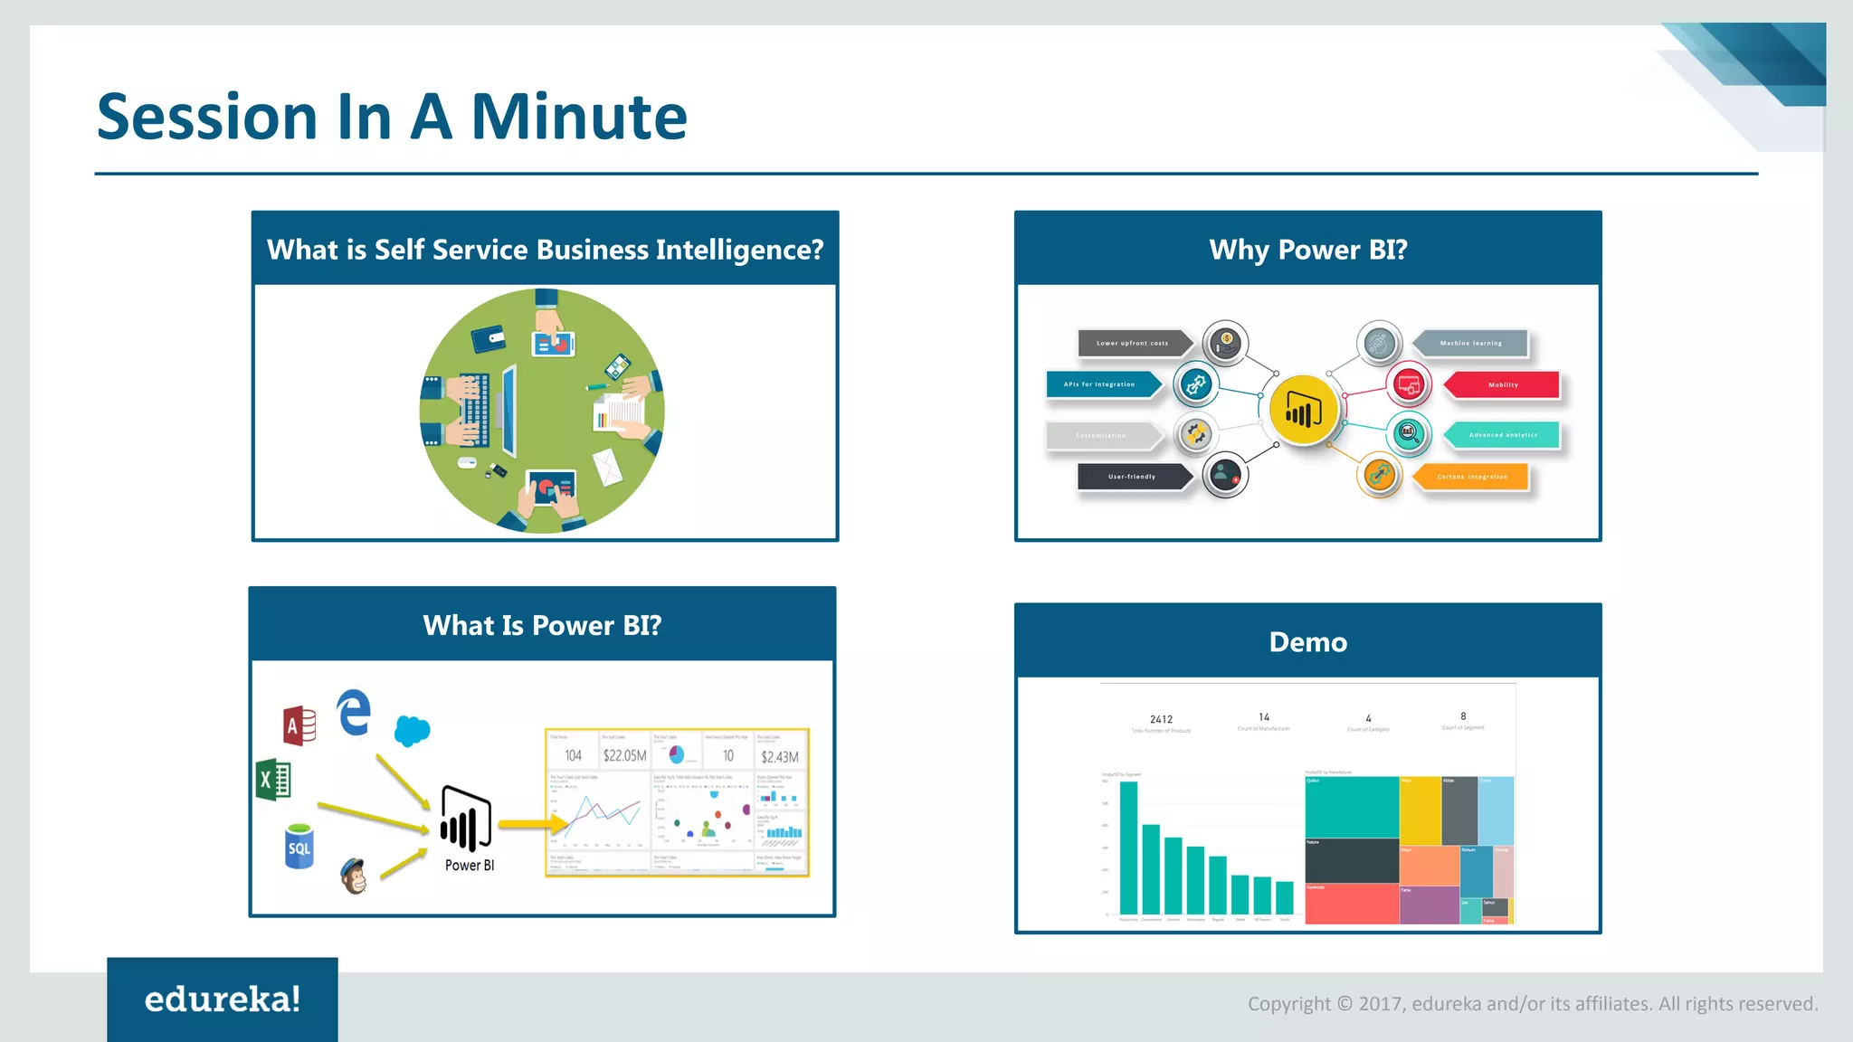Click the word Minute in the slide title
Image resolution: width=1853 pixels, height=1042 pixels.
579,118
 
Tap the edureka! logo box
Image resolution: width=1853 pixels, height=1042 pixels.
223,999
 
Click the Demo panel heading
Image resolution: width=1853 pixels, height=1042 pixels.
1307,641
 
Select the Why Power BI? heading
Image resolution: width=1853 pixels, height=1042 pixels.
1307,250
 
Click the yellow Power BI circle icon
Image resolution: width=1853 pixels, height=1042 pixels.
1302,411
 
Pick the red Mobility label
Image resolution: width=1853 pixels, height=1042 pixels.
1503,384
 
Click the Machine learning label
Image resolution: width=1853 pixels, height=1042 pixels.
1470,343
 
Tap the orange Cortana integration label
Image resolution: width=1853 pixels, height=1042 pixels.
1472,477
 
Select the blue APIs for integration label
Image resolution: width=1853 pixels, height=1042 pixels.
1100,384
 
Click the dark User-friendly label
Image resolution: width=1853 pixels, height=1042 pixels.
1132,477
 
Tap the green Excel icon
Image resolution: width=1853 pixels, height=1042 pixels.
273,780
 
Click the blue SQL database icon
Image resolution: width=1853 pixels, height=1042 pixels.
299,847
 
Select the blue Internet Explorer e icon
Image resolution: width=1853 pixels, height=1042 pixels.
354,712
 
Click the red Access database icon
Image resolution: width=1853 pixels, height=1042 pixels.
299,725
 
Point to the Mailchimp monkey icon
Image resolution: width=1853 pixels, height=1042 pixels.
354,876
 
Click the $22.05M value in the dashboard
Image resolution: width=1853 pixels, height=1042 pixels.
624,755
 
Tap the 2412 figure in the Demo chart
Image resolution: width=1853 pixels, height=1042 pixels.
1161,719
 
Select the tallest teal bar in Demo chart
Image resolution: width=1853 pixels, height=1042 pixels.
1128,848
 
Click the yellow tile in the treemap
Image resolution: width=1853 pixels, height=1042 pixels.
1420,810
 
